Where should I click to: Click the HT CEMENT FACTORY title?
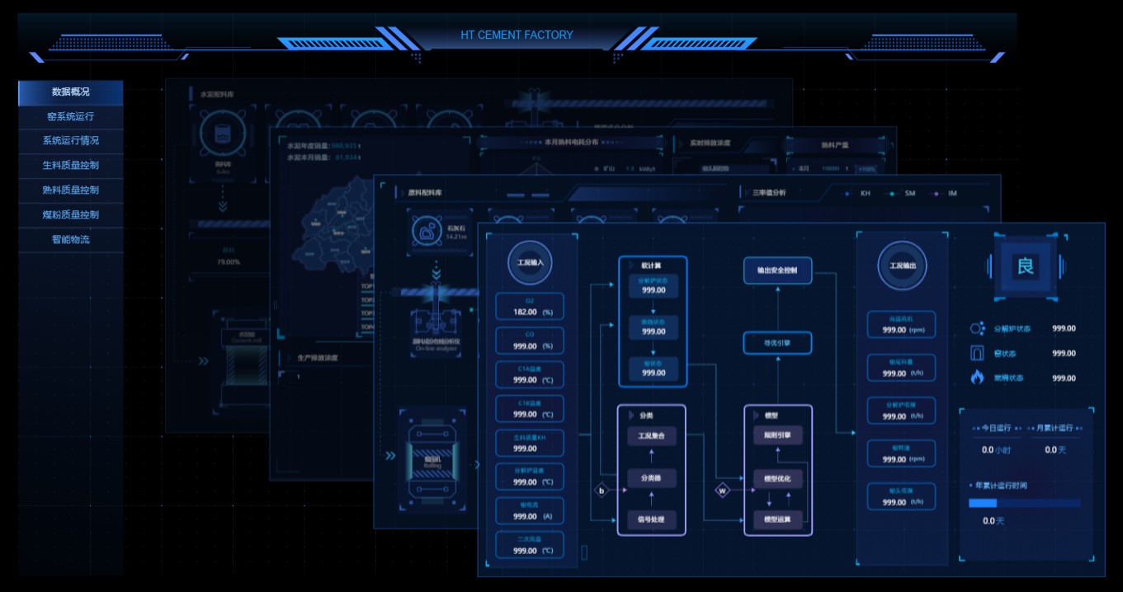[517, 35]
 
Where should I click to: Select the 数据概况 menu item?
[70, 92]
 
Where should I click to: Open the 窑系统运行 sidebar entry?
[70, 117]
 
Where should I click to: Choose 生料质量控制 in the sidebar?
[70, 165]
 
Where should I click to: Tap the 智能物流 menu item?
[70, 240]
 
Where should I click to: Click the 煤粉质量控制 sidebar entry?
[70, 214]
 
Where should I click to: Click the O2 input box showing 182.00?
[529, 307]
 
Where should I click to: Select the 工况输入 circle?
[531, 264]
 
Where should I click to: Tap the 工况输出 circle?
[902, 265]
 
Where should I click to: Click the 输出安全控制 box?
[777, 270]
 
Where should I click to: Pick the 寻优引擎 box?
[777, 343]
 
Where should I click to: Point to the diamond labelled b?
[602, 491]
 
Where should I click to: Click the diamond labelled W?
[723, 491]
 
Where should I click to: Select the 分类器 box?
[651, 478]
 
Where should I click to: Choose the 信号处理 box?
[651, 519]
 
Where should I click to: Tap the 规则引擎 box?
[777, 435]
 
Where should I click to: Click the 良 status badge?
[1025, 266]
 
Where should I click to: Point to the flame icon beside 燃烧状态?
[978, 378]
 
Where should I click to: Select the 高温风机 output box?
[901, 324]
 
